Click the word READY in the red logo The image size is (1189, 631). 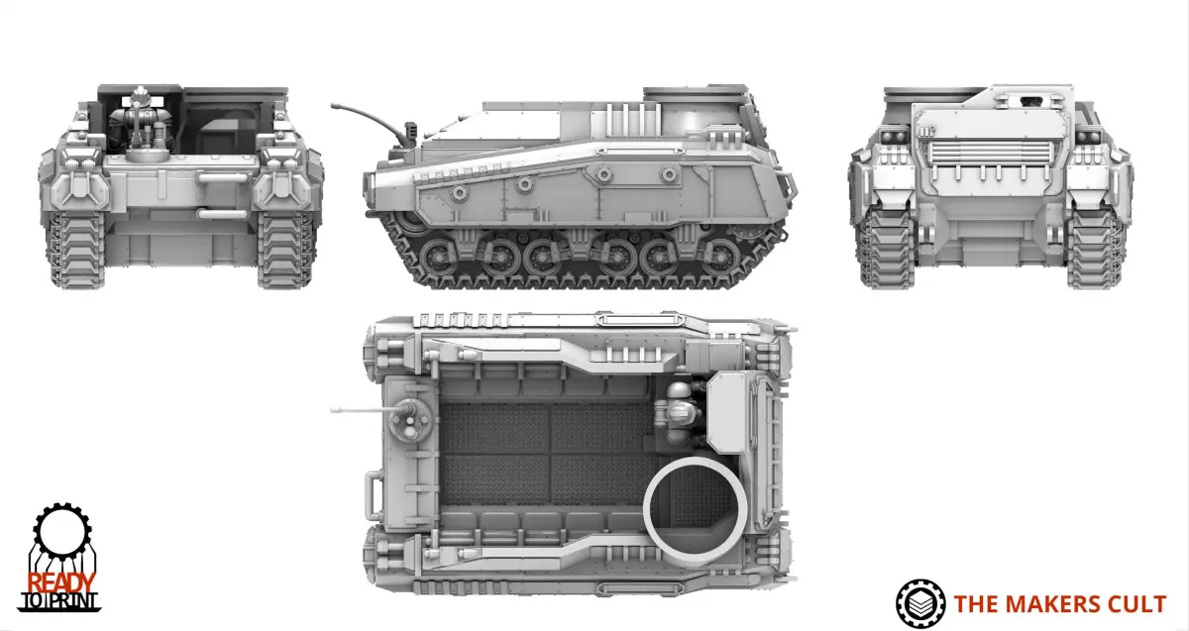coord(61,582)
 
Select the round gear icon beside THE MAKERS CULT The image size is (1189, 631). coord(920,603)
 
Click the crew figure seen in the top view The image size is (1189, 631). coord(680,414)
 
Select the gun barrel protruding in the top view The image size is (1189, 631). coord(361,410)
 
